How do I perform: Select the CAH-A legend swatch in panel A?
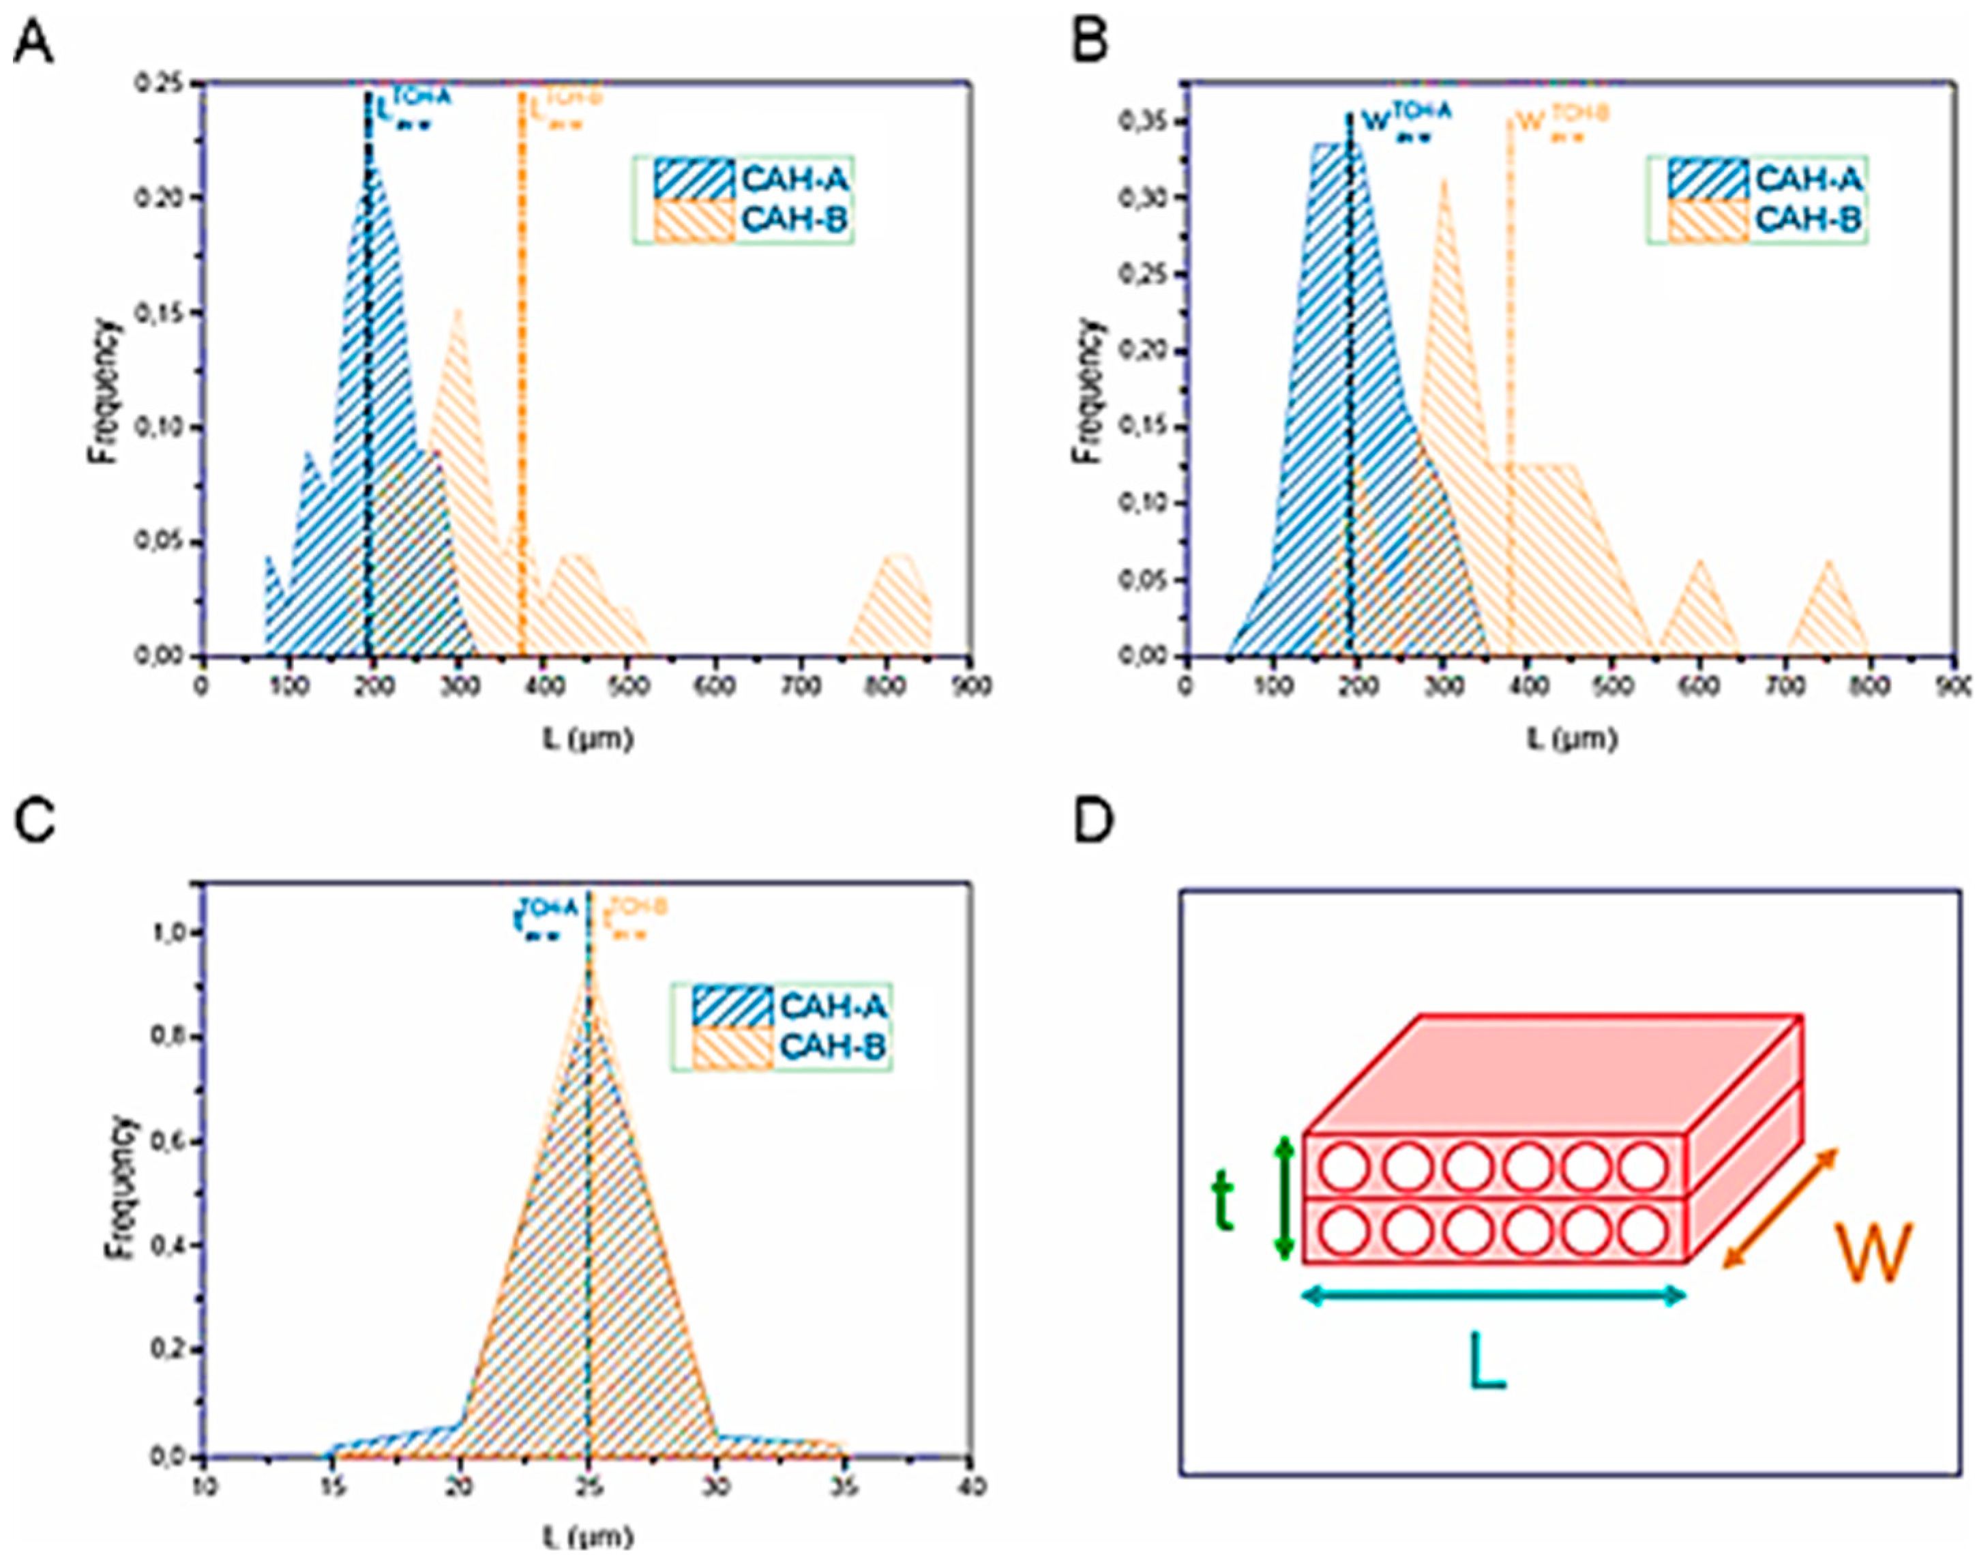click(x=693, y=178)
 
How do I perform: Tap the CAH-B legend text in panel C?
click(x=833, y=1046)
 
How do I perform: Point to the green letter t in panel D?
click(x=1222, y=1202)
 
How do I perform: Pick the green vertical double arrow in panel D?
click(x=1284, y=1198)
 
